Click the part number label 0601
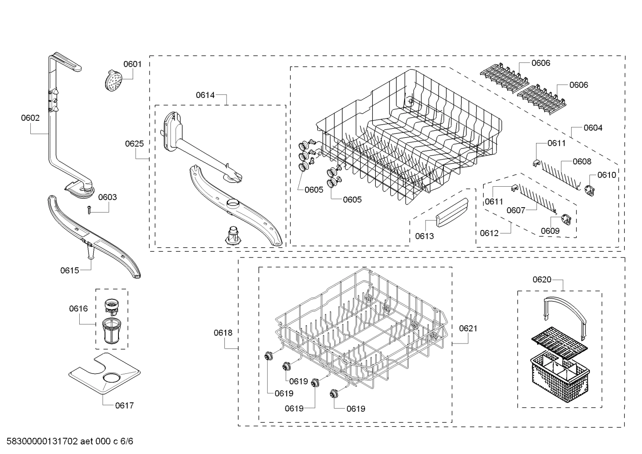(132, 64)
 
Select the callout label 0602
(30, 118)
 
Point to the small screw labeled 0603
(89, 209)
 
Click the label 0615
(69, 270)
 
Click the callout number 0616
(78, 309)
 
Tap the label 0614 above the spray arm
(205, 95)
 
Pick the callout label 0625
(134, 143)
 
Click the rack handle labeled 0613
(451, 213)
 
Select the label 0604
(593, 128)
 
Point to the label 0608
(582, 162)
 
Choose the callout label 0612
(489, 233)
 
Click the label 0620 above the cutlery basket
(542, 280)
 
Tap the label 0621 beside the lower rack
(468, 329)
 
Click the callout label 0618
(223, 333)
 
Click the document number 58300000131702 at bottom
(40, 442)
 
